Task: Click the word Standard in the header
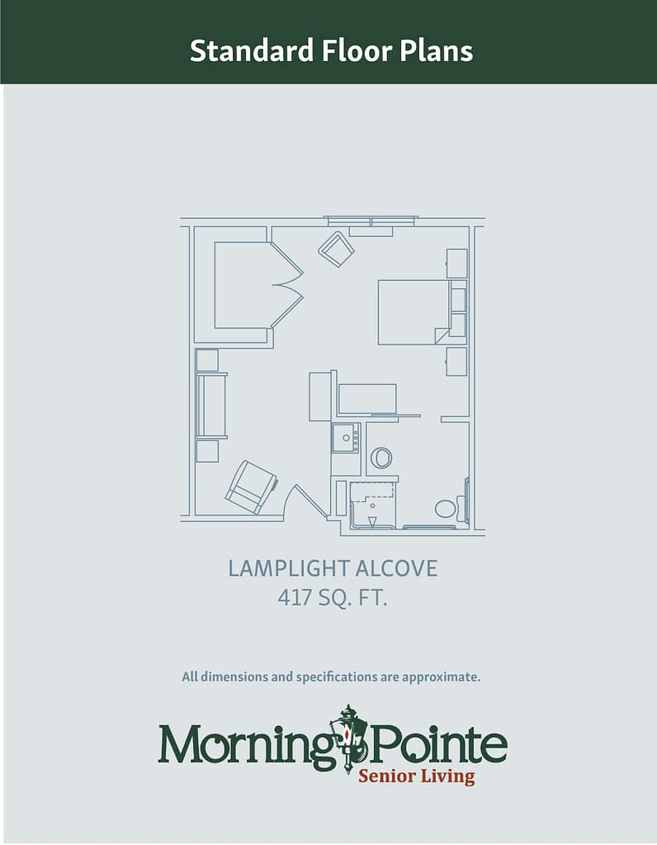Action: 252,50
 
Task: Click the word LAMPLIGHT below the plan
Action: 287,568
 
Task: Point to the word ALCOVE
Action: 396,568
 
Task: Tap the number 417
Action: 295,598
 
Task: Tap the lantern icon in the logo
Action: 349,738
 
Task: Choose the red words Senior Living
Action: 416,776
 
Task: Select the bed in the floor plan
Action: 414,312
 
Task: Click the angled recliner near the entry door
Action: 251,486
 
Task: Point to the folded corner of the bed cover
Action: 441,335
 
